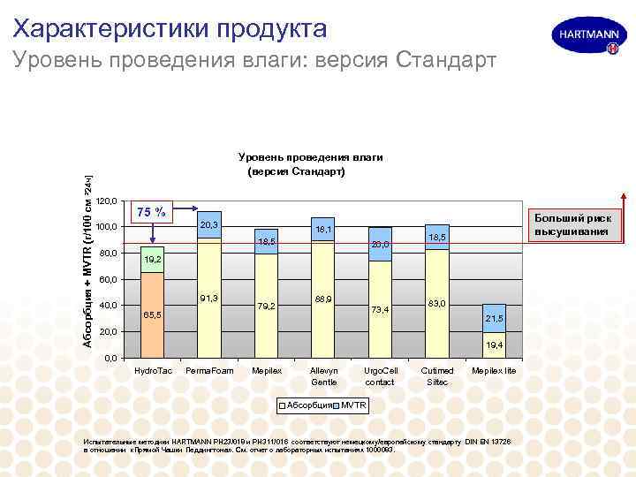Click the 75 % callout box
tap(152, 212)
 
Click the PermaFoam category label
tap(210, 371)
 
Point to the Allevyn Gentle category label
tap(323, 376)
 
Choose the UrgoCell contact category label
tap(380, 376)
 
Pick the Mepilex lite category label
tap(495, 371)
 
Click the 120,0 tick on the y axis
tap(106, 201)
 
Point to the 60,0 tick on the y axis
tap(106, 280)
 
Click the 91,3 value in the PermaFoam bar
tap(210, 298)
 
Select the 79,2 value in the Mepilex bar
tap(267, 306)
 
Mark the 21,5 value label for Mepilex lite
tap(495, 318)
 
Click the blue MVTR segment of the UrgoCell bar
tap(380, 245)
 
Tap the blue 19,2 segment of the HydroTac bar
tap(153, 260)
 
